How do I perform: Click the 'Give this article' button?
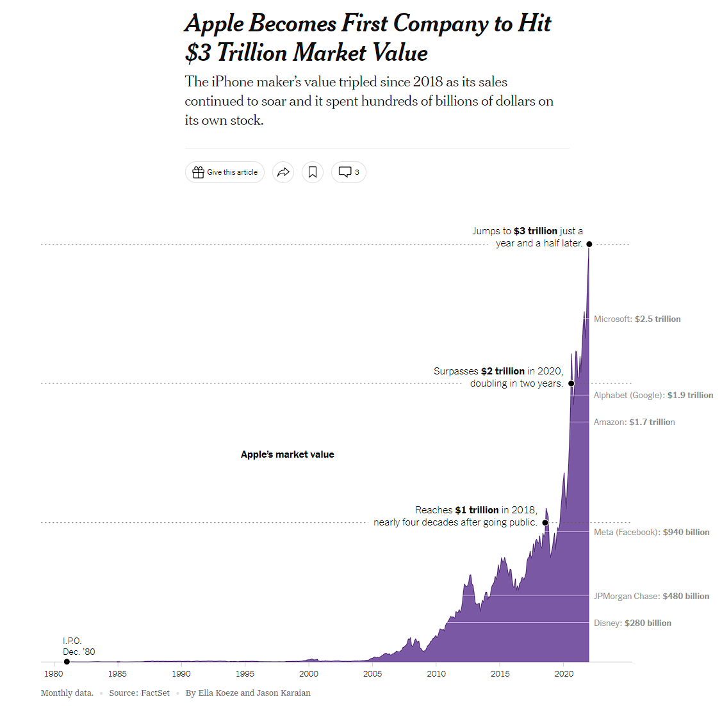pos(225,172)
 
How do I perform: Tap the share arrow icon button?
pos(283,172)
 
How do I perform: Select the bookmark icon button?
pos(313,172)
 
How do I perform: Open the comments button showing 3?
pos(349,172)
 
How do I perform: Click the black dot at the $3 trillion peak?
pos(589,244)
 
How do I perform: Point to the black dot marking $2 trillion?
pos(571,383)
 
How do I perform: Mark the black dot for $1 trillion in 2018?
pos(545,522)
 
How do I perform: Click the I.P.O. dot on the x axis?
pos(67,662)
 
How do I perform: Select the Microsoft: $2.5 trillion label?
pos(637,319)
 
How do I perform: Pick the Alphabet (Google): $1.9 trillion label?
pos(653,395)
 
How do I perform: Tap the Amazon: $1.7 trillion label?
pos(634,422)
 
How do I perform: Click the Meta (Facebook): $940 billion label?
pos(651,532)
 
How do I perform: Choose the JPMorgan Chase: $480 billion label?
pos(651,596)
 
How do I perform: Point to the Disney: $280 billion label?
pos(632,623)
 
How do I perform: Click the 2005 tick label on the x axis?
pos(372,673)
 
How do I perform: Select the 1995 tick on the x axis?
pos(245,673)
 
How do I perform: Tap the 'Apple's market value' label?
pos(287,454)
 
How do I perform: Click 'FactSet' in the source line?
pos(155,693)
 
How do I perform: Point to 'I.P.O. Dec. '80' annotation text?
pos(78,646)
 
